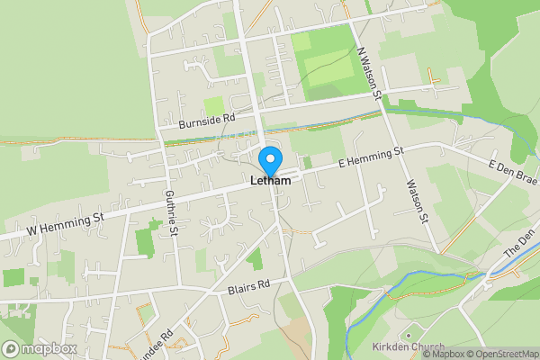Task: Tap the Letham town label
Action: coord(270,181)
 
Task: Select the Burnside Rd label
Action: coord(206,119)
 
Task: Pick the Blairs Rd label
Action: coord(248,287)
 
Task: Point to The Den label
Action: coord(518,245)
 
